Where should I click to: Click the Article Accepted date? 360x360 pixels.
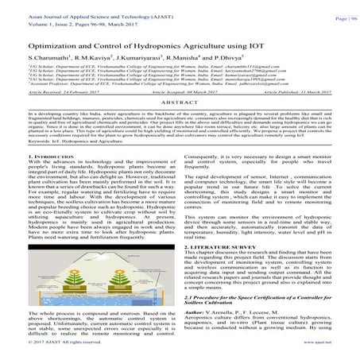pyautogui.click(x=180, y=114)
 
